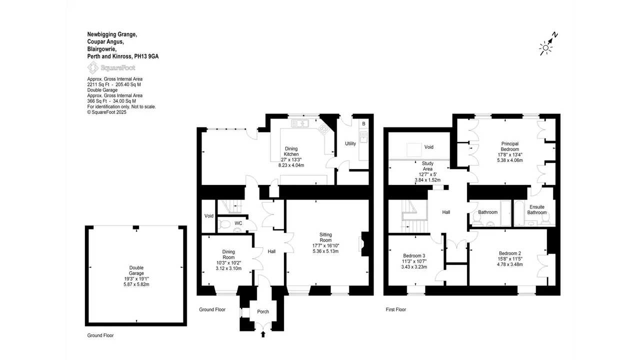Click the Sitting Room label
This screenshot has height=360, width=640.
coord(325,237)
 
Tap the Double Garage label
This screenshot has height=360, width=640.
coord(136,270)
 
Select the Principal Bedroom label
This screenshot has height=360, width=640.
coord(509,146)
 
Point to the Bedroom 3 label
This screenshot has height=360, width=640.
coord(414,255)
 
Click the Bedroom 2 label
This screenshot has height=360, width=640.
coord(509,253)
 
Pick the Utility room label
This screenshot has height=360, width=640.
coord(350,143)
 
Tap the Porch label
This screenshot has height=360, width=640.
coord(263,311)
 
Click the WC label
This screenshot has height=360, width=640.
coord(238,223)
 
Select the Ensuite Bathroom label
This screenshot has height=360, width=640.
coord(537,209)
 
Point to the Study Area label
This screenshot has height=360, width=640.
coord(427,166)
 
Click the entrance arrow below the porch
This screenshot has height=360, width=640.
coord(263,334)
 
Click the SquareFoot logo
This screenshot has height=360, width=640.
coord(111,68)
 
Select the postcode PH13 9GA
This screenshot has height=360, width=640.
coord(146,56)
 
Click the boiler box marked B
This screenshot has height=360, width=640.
coord(363,124)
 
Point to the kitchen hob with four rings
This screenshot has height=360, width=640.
coord(324,129)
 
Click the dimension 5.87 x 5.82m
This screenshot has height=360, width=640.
coord(136,284)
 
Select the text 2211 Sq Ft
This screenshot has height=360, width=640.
coord(98,84)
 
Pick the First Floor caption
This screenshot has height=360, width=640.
coord(395,309)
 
